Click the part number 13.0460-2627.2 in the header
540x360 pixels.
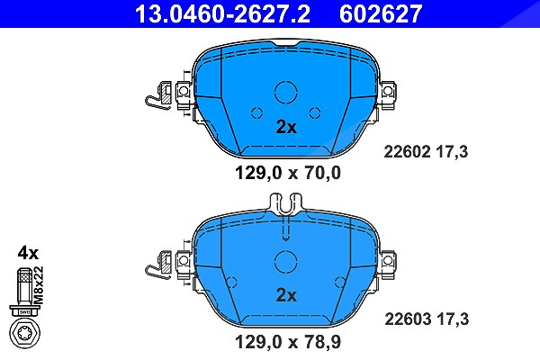pos(223,13)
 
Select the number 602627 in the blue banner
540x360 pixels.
pos(381,13)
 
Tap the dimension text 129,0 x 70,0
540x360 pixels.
pos(288,173)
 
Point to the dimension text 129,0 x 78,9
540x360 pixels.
pos(288,342)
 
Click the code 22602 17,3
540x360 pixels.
pos(426,151)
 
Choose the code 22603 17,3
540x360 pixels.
pos(427,319)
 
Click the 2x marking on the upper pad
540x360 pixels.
pos(286,127)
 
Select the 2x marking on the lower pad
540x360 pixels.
pos(286,295)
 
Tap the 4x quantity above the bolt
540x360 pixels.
pos(28,253)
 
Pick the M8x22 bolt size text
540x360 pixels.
pos(39,285)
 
